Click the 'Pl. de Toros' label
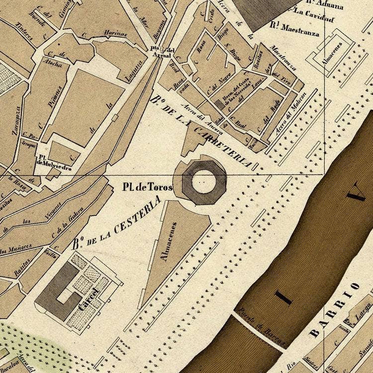[x=148, y=187]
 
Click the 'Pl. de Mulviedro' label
[x=53, y=165]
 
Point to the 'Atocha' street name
[x=54, y=64]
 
